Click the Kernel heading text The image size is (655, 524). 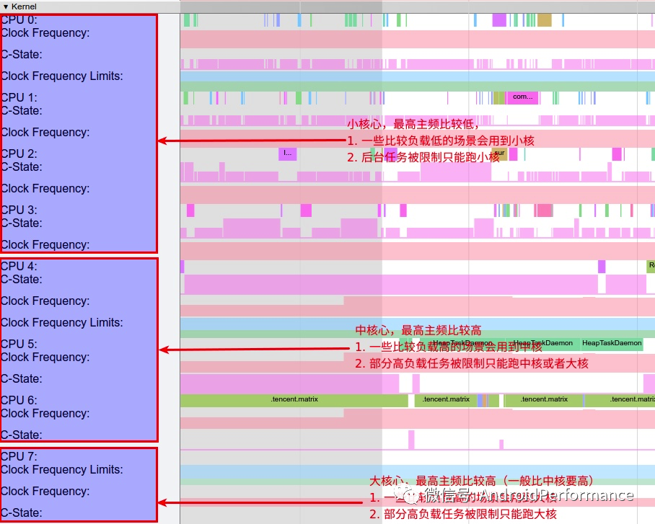click(24, 6)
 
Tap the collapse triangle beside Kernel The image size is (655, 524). click(6, 6)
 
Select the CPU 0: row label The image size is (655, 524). click(19, 20)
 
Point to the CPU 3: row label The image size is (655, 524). click(19, 210)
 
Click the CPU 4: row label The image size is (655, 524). click(19, 267)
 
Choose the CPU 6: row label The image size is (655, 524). click(19, 401)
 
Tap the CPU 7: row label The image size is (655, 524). click(19, 457)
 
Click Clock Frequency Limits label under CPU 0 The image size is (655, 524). click(62, 76)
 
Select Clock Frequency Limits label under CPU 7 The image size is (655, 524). click(62, 470)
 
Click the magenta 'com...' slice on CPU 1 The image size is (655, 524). click(522, 97)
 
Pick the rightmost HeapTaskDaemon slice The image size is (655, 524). click(612, 343)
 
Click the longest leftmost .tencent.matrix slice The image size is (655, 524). click(294, 400)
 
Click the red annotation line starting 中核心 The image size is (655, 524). click(418, 331)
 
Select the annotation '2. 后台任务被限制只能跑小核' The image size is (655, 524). click(423, 157)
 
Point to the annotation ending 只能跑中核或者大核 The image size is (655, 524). click(472, 364)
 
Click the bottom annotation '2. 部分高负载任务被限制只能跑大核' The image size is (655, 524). click(463, 515)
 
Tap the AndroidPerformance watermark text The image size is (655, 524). click(555, 495)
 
